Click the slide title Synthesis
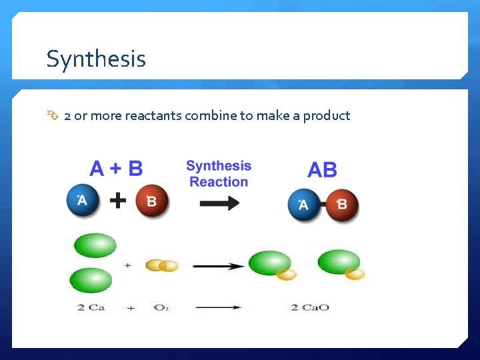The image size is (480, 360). click(x=96, y=59)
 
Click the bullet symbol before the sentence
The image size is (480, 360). click(x=53, y=116)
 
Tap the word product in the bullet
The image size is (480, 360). click(x=326, y=116)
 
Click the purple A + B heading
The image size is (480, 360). click(x=116, y=168)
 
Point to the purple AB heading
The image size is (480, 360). click(x=322, y=170)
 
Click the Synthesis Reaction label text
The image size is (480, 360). click(x=219, y=174)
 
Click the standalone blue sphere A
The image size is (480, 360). click(x=83, y=200)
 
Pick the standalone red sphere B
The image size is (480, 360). click(x=152, y=201)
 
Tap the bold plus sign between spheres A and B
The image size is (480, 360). click(x=118, y=201)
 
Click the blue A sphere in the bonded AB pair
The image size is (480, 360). click(x=304, y=205)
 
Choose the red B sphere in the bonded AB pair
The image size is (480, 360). click(x=342, y=205)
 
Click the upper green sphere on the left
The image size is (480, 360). click(x=95, y=245)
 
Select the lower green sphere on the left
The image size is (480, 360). click(x=91, y=279)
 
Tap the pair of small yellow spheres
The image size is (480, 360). click(x=162, y=265)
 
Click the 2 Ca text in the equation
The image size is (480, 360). click(x=91, y=307)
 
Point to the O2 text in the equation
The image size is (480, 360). click(x=161, y=307)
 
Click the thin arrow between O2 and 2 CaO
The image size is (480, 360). click(x=219, y=307)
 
